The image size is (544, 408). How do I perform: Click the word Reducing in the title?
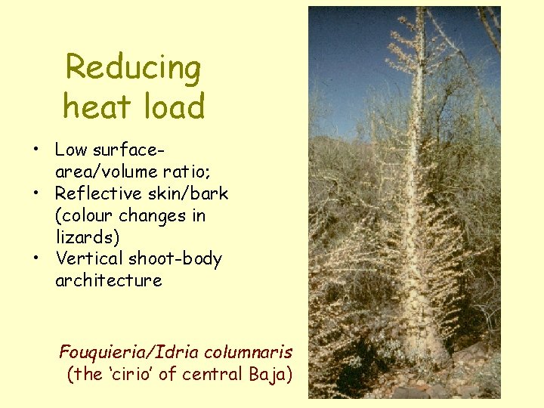(x=133, y=69)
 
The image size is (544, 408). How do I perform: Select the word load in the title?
(x=173, y=106)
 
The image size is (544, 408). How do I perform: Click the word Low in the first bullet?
(x=72, y=150)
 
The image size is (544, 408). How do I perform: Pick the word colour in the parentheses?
(x=87, y=215)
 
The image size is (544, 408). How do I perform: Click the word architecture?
(x=109, y=280)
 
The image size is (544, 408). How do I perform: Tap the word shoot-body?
(x=175, y=259)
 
